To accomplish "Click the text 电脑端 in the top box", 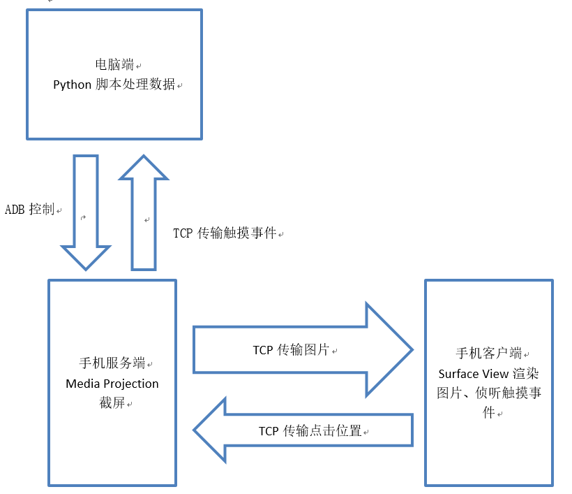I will (x=114, y=65).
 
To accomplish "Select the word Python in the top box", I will (x=72, y=85).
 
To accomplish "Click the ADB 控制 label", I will (x=30, y=209).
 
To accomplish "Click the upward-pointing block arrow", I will (x=144, y=213).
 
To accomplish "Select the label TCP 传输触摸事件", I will (x=224, y=233).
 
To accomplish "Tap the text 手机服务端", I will (x=112, y=363).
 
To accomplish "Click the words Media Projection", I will (x=112, y=384).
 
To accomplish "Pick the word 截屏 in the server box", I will (x=112, y=403).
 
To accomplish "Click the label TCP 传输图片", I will (x=291, y=350).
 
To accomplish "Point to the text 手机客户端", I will (x=488, y=354).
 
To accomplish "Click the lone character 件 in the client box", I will (x=488, y=412).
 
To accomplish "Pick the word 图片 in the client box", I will (x=448, y=393).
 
